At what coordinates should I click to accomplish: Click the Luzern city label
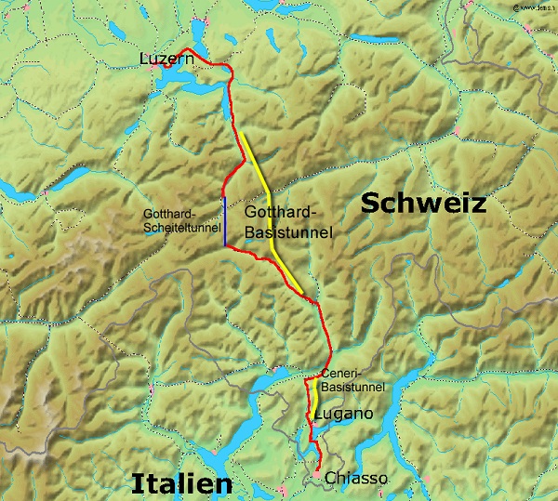pyautogui.click(x=165, y=59)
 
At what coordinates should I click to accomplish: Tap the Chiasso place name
pyautogui.click(x=356, y=478)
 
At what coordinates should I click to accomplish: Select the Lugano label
pyautogui.click(x=344, y=413)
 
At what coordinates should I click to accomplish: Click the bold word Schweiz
pyautogui.click(x=423, y=204)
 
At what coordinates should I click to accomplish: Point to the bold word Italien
pyautogui.click(x=180, y=483)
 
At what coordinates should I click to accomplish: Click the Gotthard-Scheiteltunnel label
pyautogui.click(x=181, y=220)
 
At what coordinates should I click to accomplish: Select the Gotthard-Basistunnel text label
pyautogui.click(x=287, y=223)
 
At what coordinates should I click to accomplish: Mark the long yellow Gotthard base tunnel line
pyautogui.click(x=269, y=204)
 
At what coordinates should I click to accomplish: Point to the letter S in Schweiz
pyautogui.click(x=369, y=204)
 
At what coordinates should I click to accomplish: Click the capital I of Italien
pyautogui.click(x=137, y=483)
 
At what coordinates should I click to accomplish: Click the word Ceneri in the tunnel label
pyautogui.click(x=335, y=375)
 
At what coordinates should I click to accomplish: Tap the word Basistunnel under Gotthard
pyautogui.click(x=287, y=233)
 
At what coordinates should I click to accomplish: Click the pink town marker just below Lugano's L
pyautogui.click(x=314, y=425)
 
